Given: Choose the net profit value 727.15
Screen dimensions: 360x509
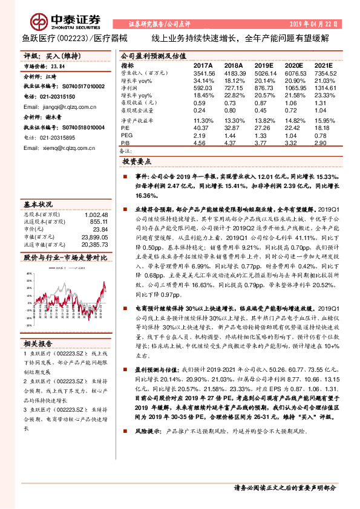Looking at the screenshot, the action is click(234, 89).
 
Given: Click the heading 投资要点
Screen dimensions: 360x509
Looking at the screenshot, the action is click(137, 163).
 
